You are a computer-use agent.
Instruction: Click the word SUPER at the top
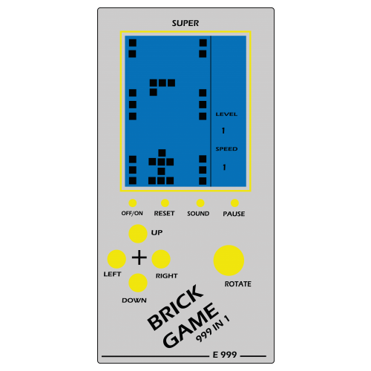click(185, 23)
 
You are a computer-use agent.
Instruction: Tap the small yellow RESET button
click(165, 203)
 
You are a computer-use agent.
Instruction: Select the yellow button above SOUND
click(200, 203)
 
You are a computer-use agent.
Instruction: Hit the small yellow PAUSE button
click(234, 203)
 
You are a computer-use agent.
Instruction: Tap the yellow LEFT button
click(116, 259)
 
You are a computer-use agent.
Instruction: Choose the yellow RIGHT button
click(161, 259)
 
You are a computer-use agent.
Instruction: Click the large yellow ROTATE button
click(229, 260)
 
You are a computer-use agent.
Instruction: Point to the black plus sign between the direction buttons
click(139, 257)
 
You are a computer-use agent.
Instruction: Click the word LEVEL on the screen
click(226, 114)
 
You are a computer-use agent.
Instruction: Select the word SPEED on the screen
click(226, 149)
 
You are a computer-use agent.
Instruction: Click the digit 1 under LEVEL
click(223, 131)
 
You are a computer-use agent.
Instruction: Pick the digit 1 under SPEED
click(224, 167)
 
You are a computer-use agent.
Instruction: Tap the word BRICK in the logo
click(175, 307)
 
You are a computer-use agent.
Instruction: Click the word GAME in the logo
click(191, 326)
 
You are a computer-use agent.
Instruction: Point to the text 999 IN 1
click(213, 329)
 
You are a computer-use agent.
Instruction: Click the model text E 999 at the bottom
click(225, 355)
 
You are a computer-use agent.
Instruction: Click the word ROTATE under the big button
click(237, 284)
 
